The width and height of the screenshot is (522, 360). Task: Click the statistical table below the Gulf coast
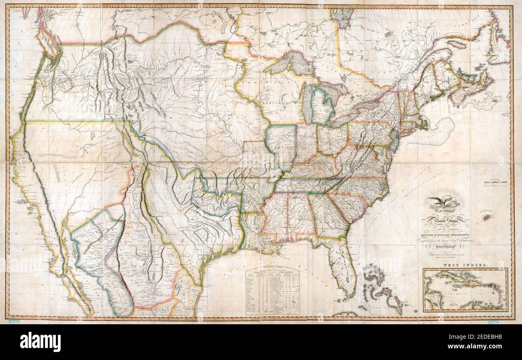[x=273, y=291]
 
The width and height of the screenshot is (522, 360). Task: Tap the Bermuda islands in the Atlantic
[x=487, y=217]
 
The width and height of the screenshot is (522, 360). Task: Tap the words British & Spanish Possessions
[x=446, y=233]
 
